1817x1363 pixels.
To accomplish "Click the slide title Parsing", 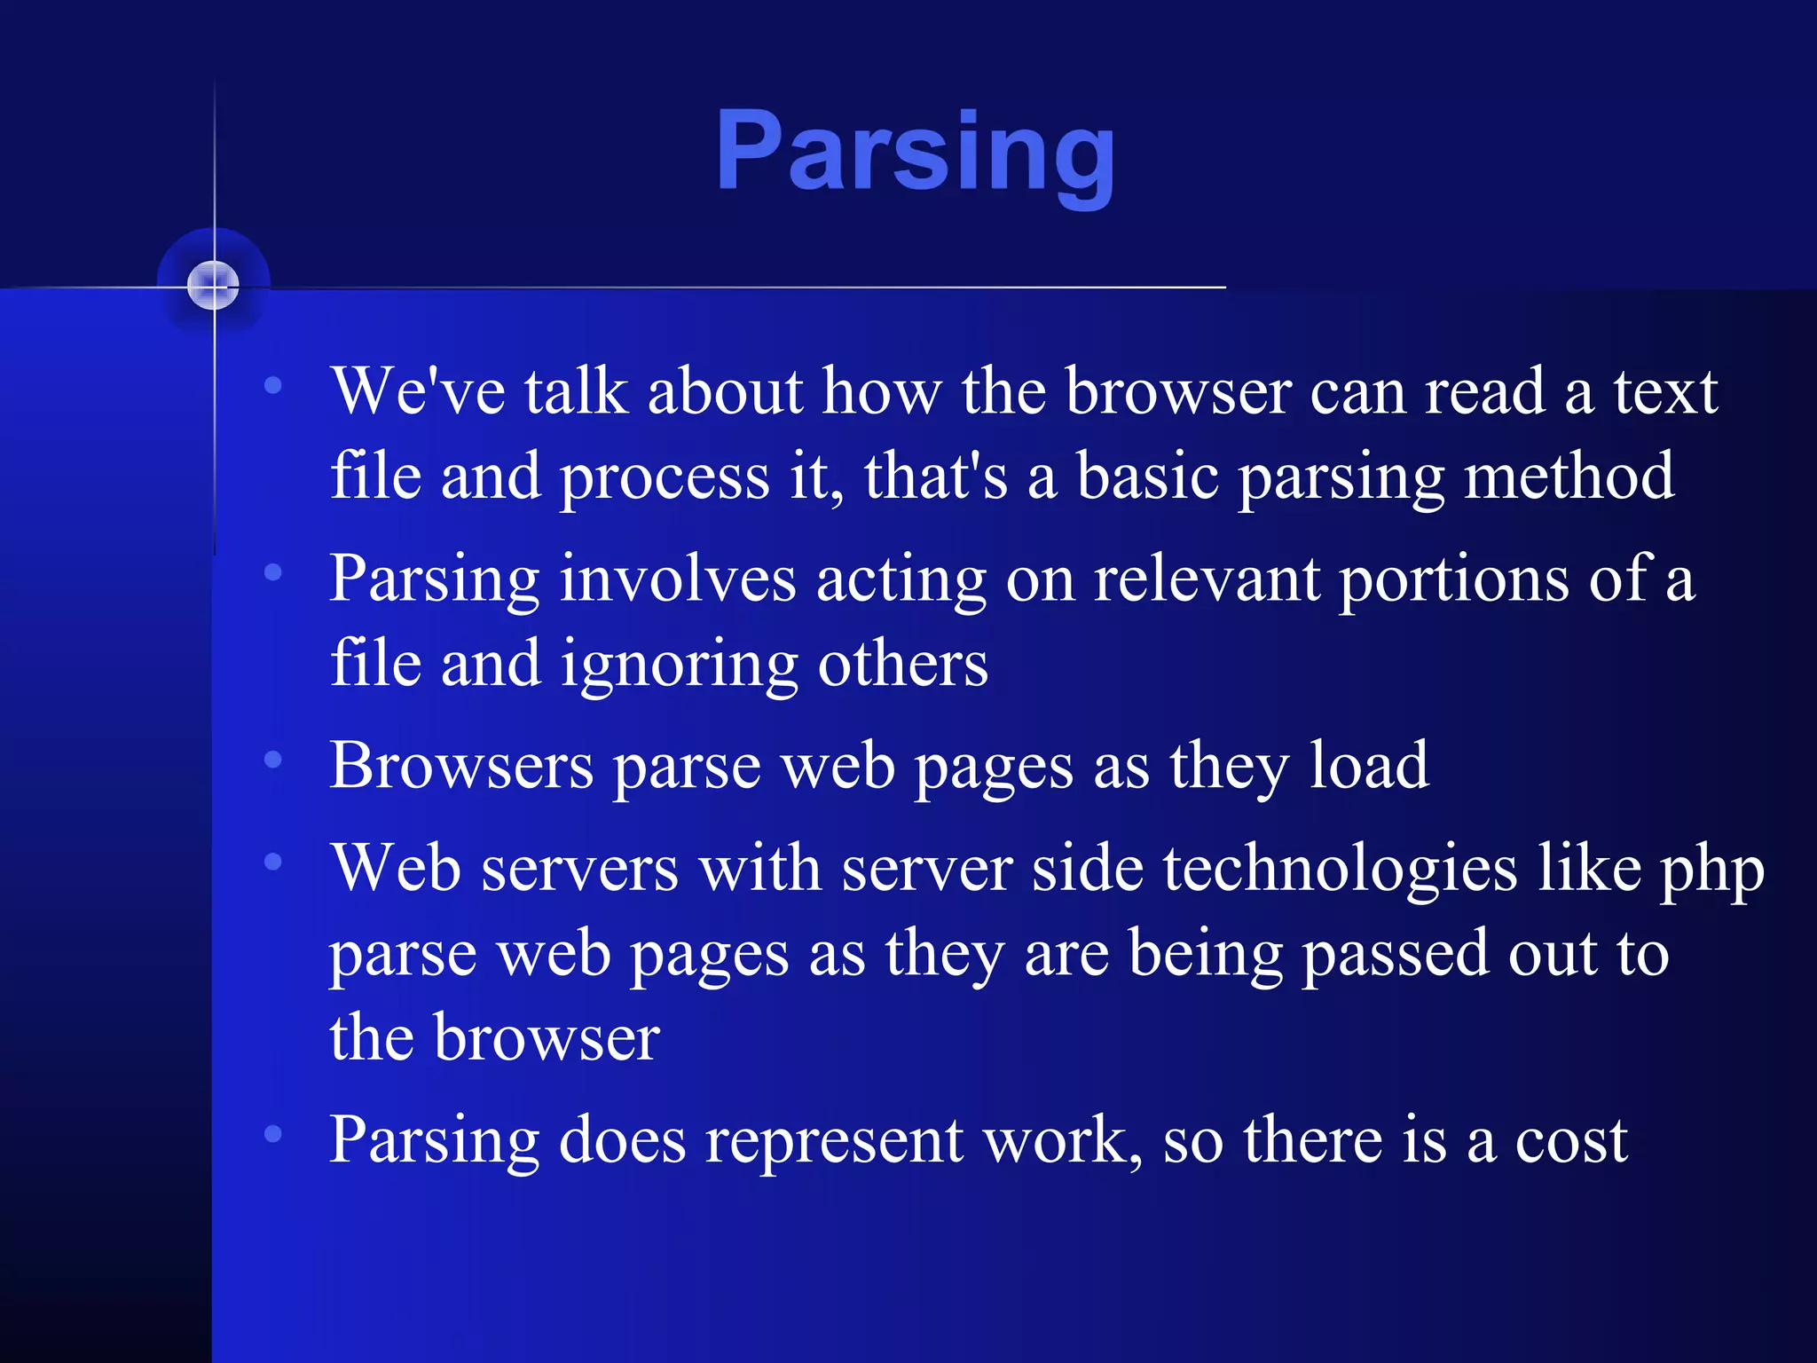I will (915, 153).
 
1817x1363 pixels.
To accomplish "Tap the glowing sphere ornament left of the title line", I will (213, 286).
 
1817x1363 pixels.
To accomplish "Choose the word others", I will (902, 664).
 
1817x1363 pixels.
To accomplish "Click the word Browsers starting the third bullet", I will (461, 765).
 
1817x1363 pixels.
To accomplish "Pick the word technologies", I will (1340, 868).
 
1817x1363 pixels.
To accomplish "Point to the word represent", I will (833, 1141).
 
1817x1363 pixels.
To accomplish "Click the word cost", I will (1571, 1141).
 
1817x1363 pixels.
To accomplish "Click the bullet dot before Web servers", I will (273, 861).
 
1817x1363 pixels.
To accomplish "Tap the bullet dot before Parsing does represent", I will (273, 1133).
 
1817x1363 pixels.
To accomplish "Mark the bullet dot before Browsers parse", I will (273, 759).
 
